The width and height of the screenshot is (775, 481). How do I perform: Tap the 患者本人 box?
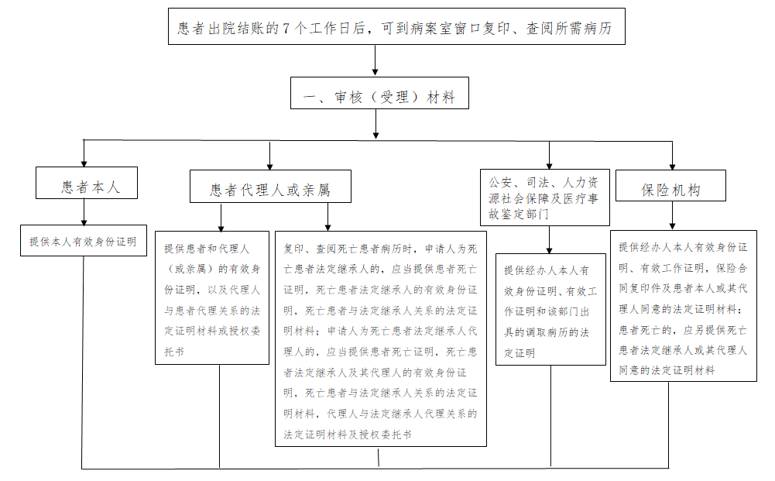(87, 186)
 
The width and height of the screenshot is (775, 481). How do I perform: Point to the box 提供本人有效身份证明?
(83, 241)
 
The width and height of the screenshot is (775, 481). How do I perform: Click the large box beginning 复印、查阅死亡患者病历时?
(380, 338)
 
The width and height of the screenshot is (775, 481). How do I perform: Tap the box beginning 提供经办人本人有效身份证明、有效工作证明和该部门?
(550, 309)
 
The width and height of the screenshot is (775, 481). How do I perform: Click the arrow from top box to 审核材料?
(375, 60)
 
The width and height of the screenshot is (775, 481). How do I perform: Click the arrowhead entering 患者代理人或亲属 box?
(269, 164)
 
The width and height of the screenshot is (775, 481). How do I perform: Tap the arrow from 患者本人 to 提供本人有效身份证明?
(84, 213)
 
